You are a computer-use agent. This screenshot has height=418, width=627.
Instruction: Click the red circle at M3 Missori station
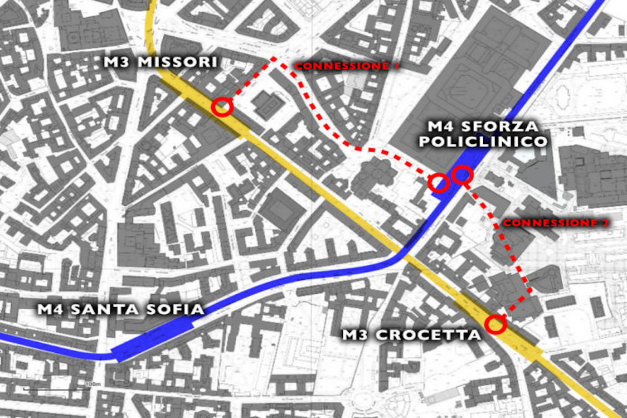(x=222, y=106)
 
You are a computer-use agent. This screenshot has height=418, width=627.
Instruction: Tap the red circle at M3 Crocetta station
(x=495, y=324)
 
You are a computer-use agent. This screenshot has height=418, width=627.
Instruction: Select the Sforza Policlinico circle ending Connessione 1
(x=439, y=182)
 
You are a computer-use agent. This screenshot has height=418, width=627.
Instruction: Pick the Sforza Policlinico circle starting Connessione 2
(x=463, y=175)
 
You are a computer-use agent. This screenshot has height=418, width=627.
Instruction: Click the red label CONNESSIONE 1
(x=347, y=66)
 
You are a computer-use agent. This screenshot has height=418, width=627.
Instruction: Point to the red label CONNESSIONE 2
(x=555, y=223)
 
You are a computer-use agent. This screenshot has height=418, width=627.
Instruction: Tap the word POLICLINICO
(x=483, y=142)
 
